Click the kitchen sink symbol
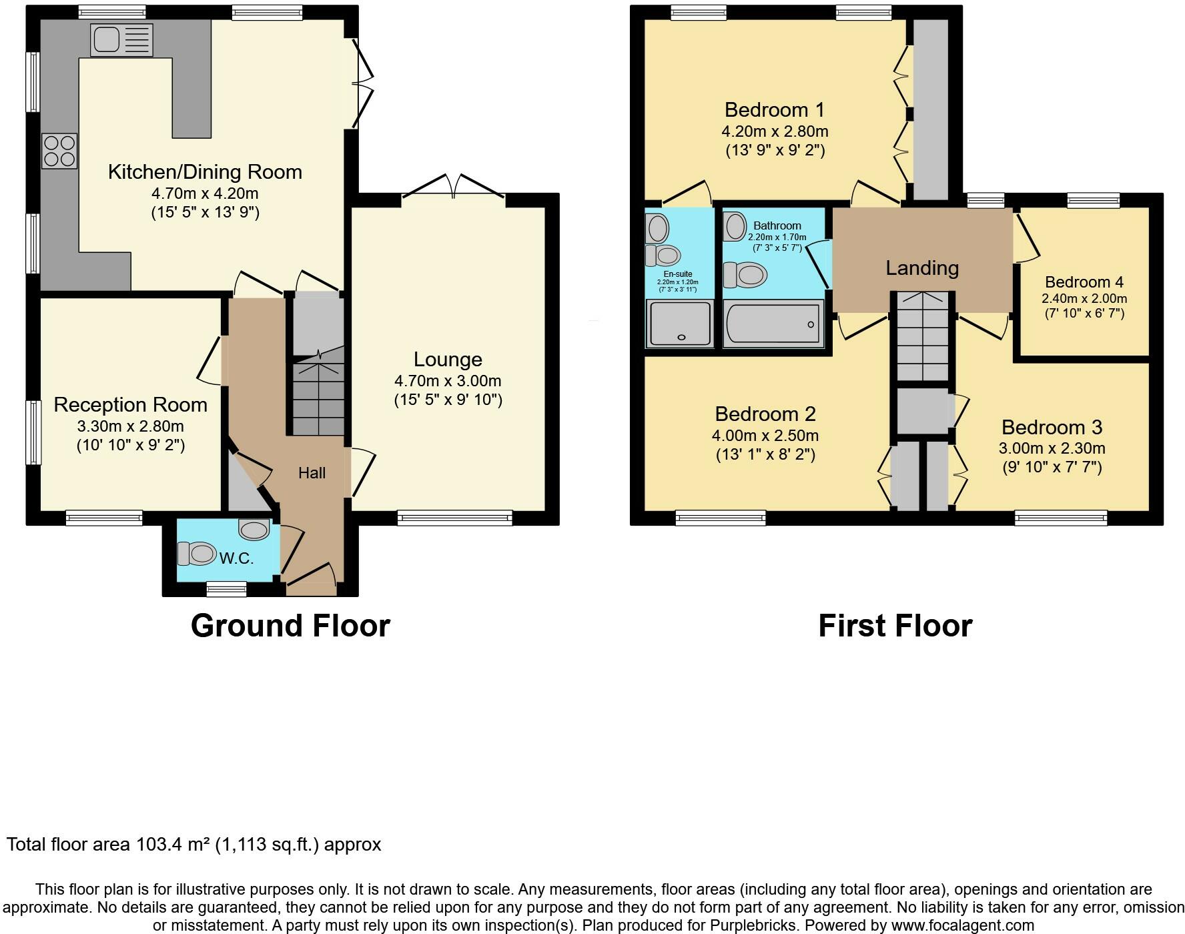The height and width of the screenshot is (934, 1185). (x=121, y=40)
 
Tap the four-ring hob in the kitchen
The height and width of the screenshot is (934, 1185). (x=59, y=151)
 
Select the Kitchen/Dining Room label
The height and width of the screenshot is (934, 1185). (x=205, y=172)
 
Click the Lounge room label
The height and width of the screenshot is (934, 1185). (x=448, y=360)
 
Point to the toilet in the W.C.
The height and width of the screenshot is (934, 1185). (x=196, y=553)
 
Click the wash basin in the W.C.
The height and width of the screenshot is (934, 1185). (x=254, y=530)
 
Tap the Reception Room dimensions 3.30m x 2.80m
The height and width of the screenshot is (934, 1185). (x=131, y=426)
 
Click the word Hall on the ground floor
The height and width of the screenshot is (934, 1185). (x=312, y=473)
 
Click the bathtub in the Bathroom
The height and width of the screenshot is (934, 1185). (x=773, y=324)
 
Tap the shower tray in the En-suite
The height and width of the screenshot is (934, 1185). (x=679, y=324)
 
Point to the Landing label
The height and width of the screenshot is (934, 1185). (x=922, y=268)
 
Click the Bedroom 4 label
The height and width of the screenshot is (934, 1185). (x=1084, y=282)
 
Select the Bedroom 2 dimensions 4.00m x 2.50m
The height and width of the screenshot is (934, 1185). (x=765, y=436)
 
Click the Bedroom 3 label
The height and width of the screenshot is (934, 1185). (x=1052, y=427)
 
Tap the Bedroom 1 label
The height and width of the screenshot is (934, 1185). (x=775, y=109)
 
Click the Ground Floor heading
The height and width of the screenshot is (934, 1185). (x=290, y=626)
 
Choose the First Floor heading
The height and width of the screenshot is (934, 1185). (x=895, y=626)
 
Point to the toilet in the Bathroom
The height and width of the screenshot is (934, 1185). (x=745, y=274)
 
